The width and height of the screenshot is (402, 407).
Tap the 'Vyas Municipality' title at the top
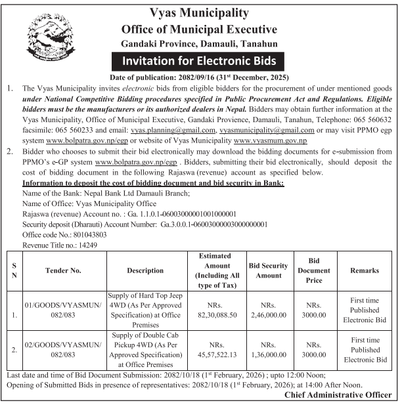pyautogui.click(x=200, y=13)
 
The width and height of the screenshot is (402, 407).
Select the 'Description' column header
pyautogui.click(x=145, y=270)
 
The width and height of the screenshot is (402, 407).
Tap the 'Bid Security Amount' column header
pyautogui.click(x=268, y=270)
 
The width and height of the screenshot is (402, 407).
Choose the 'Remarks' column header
pyautogui.click(x=365, y=270)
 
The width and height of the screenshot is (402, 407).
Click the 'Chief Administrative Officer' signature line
pyautogui.click(x=338, y=395)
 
